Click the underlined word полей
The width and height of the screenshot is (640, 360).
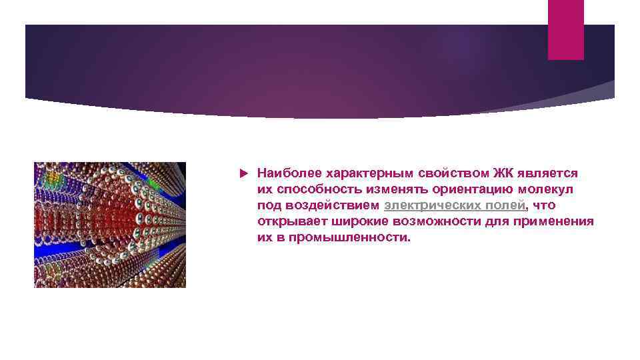[507, 205]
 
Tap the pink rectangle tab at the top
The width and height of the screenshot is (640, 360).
[565, 29]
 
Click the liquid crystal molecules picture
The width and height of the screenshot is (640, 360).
[110, 225]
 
